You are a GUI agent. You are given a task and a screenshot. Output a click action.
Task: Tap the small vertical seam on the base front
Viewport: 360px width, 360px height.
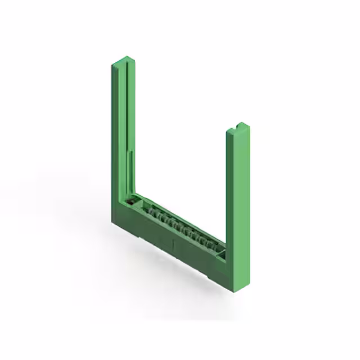[x=174, y=245]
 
